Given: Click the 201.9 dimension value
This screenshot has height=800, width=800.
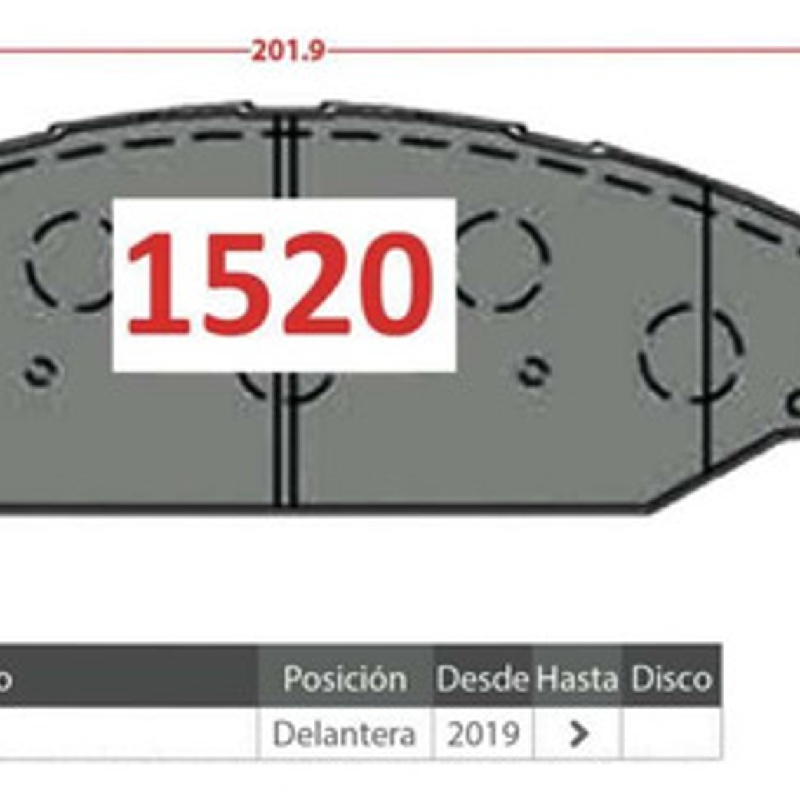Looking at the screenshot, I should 288,51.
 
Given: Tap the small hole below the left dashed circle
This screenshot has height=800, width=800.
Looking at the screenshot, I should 42,370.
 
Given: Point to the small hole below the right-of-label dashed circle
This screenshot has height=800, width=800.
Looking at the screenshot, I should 535,370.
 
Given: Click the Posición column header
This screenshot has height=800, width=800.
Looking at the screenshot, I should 345,679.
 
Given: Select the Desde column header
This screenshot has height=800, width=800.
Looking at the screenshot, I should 483,679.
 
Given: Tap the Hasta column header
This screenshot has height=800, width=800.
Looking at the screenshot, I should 577,679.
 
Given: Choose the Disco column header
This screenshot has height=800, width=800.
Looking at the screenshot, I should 672,679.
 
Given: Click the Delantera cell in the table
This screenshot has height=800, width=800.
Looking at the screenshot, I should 344,734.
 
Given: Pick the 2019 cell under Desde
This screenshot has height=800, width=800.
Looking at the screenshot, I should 484,734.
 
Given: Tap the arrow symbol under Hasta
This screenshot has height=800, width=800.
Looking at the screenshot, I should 578,734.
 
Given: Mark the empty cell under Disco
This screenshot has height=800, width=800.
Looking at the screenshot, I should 672,734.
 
